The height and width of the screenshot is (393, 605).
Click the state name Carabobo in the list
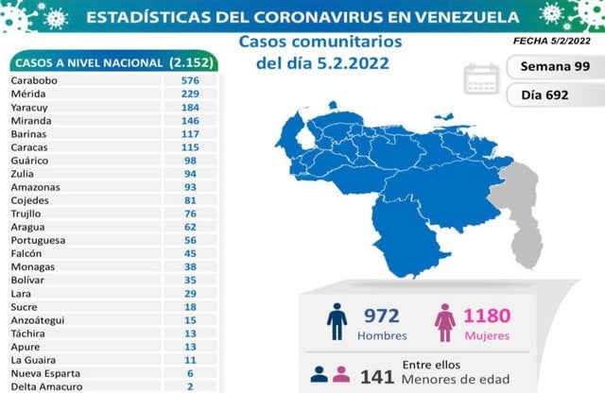point(34,81)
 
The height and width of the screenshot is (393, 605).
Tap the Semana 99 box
point(549,67)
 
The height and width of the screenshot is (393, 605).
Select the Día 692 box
point(549,95)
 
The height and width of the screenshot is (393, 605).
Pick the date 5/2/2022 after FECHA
point(570,42)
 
